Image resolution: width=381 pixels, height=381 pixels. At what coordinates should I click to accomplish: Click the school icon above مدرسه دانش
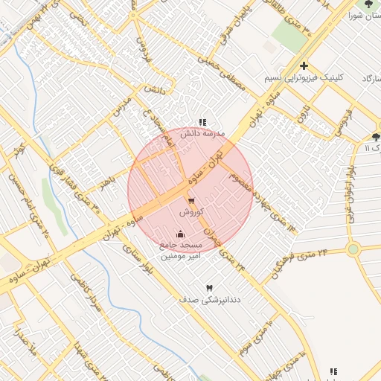click(202, 122)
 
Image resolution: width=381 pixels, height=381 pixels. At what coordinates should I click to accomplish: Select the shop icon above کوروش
click(191, 201)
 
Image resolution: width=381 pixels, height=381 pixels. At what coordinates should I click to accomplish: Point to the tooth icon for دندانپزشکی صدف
click(208, 288)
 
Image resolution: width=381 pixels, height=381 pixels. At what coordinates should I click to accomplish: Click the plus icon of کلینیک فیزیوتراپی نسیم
click(304, 66)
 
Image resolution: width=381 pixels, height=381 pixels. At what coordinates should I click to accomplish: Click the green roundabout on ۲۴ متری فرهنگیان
click(353, 249)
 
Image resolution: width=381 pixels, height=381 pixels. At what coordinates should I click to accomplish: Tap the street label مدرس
click(122, 106)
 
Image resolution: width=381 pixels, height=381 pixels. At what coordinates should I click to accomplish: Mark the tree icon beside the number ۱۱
click(375, 137)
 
